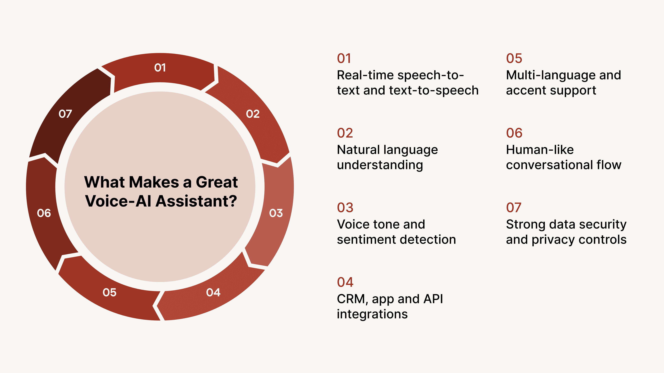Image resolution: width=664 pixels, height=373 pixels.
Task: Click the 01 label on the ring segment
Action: [x=160, y=68]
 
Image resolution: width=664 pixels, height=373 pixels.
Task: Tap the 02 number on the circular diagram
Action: [x=253, y=114]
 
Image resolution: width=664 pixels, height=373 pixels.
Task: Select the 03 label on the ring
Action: [x=276, y=213]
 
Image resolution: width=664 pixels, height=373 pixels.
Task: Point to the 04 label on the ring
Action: [x=213, y=292]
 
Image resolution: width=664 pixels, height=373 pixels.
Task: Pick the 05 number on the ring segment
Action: [x=109, y=292]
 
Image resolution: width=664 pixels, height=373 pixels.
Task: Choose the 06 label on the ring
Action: [x=44, y=213]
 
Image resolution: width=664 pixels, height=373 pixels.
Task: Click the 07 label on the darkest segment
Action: [x=65, y=114]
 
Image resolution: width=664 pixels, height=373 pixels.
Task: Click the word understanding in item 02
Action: [x=380, y=165]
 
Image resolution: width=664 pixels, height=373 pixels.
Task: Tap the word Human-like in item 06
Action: [x=540, y=150]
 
